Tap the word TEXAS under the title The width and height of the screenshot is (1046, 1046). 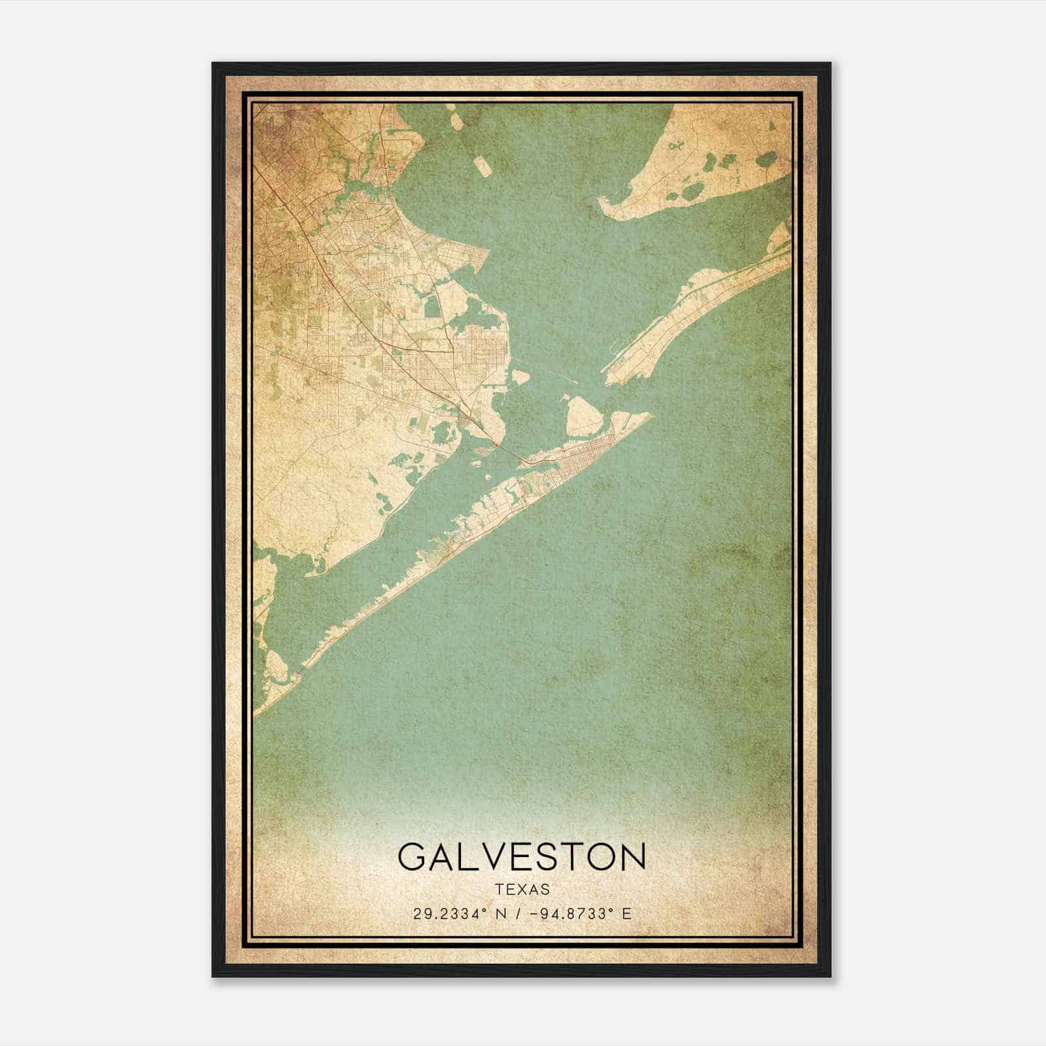pos(522,890)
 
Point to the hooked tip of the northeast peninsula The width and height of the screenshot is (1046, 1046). pos(603,205)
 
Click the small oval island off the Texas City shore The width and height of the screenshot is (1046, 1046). pos(520,377)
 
